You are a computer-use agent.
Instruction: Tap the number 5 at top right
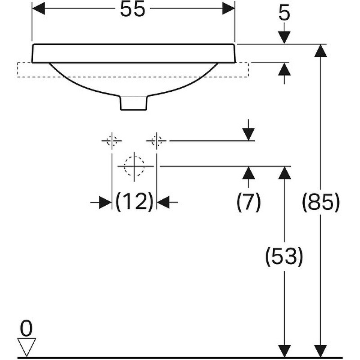284,14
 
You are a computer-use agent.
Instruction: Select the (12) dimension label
134,202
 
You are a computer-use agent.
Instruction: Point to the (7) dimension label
249,202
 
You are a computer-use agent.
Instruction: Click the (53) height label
284,256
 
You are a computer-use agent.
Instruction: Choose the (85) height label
320,202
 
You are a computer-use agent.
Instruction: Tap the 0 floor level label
27,328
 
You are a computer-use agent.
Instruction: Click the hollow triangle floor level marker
27,347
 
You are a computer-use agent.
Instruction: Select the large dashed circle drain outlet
134,166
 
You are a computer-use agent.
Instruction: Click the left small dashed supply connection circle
112,140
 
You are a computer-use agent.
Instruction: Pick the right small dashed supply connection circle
157,140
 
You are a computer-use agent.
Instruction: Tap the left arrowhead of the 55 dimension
39,9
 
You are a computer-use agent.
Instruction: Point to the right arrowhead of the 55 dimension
229,9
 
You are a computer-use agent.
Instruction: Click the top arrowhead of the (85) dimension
320,50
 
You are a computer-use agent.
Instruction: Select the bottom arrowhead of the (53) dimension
284,351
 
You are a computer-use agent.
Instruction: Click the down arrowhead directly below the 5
284,37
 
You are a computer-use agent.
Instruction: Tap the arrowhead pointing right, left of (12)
105,202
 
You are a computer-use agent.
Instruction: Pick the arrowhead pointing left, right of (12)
163,202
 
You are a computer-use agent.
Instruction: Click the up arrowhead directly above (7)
249,173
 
